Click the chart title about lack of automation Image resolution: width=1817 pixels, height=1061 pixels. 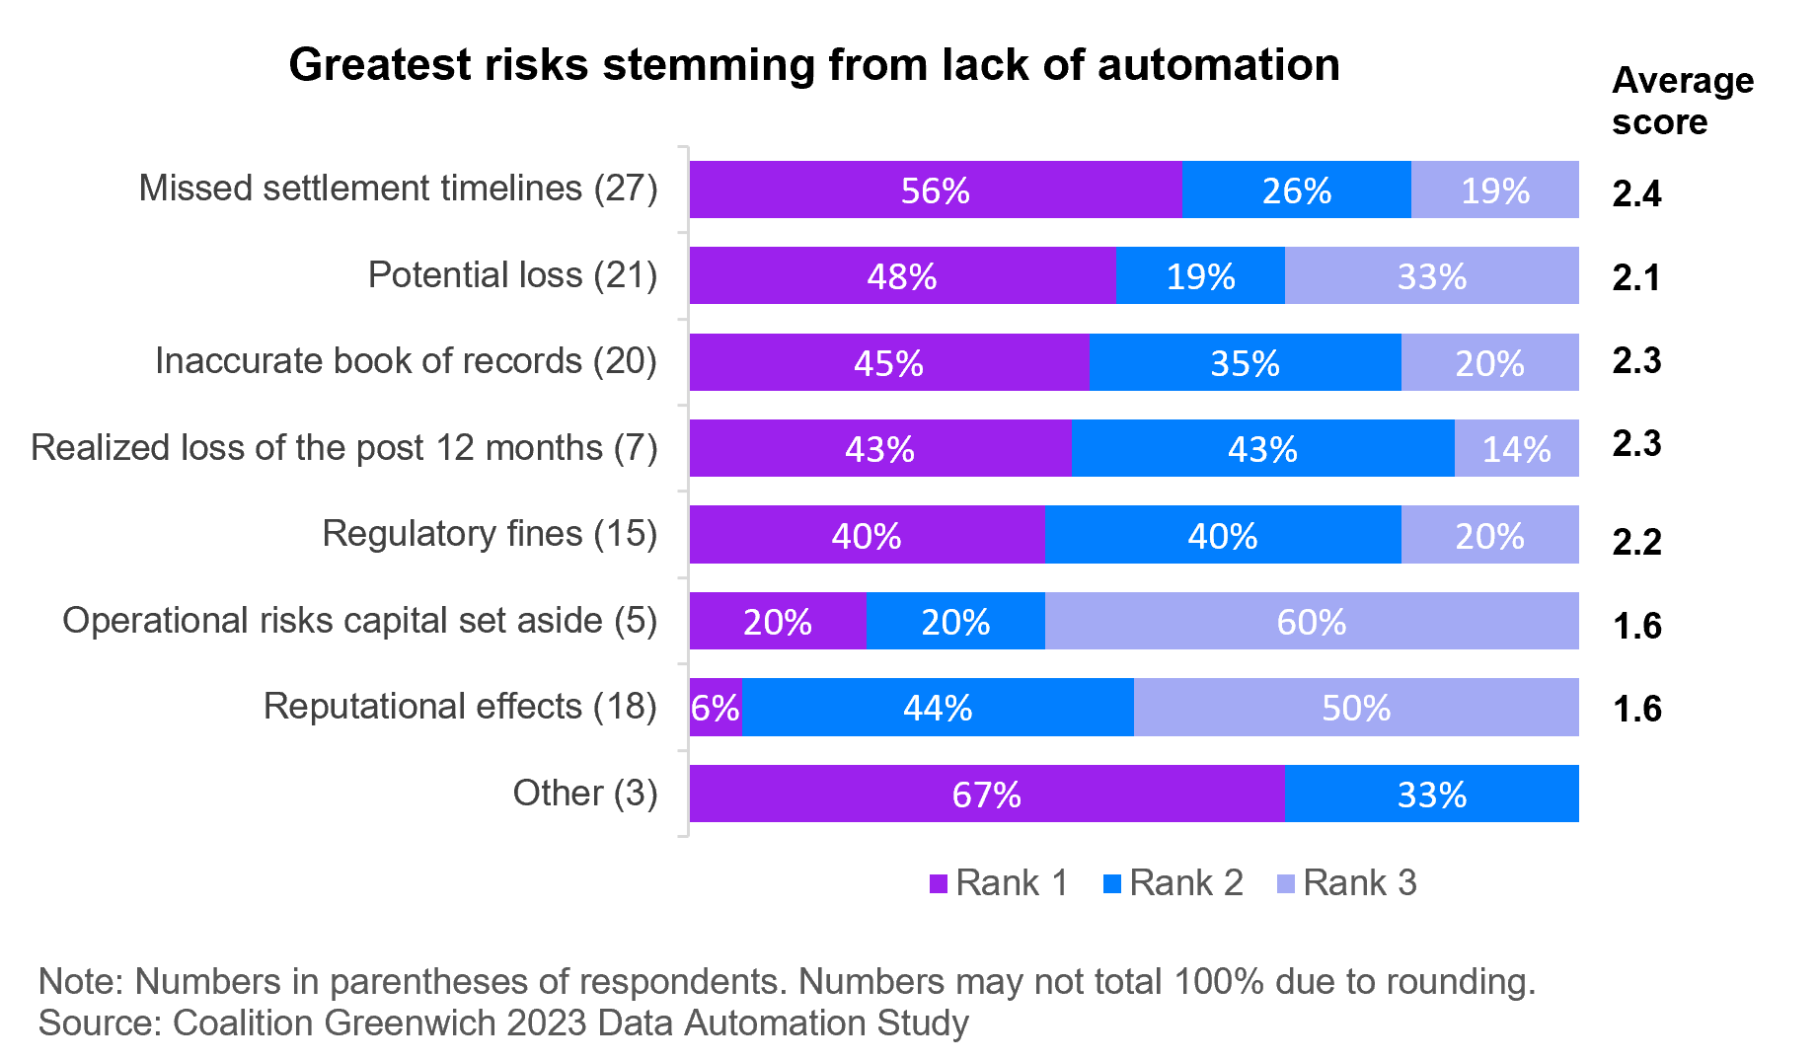click(x=814, y=65)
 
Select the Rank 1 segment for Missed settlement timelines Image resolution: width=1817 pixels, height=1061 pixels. click(x=935, y=189)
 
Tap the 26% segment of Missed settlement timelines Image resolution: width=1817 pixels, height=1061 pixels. click(x=1296, y=189)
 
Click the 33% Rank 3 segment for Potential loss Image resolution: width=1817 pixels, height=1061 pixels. click(x=1431, y=276)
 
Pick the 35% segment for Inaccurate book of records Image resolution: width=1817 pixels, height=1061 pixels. click(x=1245, y=362)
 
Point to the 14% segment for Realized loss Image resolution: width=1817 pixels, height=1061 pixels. click(x=1516, y=449)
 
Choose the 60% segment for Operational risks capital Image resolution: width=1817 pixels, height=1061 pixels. click(x=1311, y=622)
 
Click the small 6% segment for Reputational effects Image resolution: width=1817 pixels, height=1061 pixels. click(x=715, y=708)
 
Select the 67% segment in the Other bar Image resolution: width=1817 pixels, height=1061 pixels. click(x=986, y=795)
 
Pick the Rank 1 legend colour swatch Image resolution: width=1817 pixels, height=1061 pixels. click(x=939, y=883)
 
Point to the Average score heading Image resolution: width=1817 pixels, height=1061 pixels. click(x=1682, y=101)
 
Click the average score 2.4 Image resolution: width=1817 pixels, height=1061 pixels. click(x=1636, y=193)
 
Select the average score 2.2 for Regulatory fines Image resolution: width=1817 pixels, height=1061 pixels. click(x=1636, y=542)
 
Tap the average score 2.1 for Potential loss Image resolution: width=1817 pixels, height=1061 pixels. click(x=1636, y=278)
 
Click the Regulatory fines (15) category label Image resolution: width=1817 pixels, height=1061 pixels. click(x=490, y=534)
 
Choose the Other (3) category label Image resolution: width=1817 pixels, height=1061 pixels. click(x=584, y=793)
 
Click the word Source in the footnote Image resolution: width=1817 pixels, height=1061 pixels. click(x=98, y=1023)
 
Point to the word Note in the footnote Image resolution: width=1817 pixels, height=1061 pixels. click(x=79, y=982)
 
